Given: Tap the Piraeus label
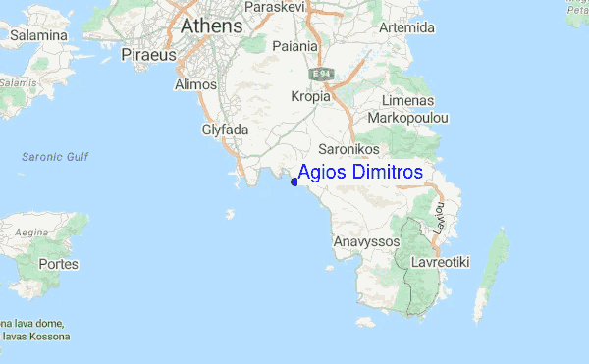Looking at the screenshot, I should [148, 55].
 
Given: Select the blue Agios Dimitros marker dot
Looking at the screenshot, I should [294, 180].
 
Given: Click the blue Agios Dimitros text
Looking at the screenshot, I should [360, 172].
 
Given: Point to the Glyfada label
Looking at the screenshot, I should [226, 130].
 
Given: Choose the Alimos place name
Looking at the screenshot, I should [194, 85].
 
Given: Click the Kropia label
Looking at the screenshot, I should [312, 96].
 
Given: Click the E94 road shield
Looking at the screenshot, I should [321, 74].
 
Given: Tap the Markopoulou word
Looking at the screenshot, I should [407, 118].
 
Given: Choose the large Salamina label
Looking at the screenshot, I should [39, 36].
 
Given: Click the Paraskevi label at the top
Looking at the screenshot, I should [299, 6].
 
